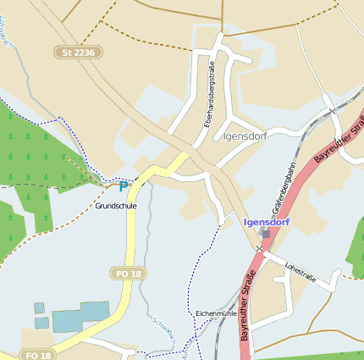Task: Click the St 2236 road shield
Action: (x=80, y=53)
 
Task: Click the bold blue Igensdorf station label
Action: (x=267, y=222)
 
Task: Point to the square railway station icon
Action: (x=266, y=233)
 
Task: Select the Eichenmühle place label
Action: (x=215, y=313)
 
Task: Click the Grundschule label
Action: (x=116, y=206)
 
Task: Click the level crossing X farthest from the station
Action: (x=333, y=111)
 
